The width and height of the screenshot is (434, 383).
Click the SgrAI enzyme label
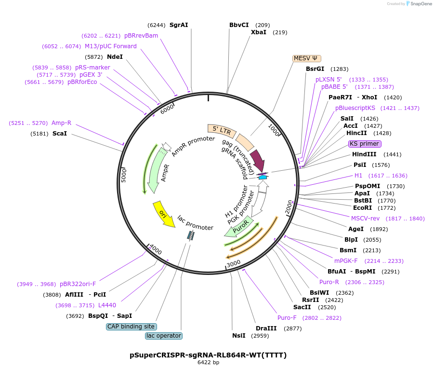click(x=179, y=25)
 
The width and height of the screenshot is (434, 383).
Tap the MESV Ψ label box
click(x=306, y=58)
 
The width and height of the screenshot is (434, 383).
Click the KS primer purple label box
click(x=365, y=144)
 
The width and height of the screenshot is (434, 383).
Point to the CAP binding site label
click(x=131, y=327)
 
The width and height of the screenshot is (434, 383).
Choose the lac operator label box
click(x=164, y=336)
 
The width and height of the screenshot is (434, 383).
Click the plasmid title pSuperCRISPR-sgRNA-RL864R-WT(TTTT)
click(x=208, y=355)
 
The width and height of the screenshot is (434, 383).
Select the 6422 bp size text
click(x=208, y=363)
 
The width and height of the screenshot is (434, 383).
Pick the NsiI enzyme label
click(x=239, y=336)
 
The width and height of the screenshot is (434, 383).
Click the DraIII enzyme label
click(x=265, y=328)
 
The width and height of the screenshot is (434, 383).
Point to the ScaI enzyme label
click(x=60, y=134)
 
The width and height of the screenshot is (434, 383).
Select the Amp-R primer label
click(x=61, y=123)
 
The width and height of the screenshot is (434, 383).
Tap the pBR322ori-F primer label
click(x=78, y=284)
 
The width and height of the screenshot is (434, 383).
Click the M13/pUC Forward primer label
click(x=111, y=46)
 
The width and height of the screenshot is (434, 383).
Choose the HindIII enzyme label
click(x=364, y=154)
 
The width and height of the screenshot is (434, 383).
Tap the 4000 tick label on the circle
click(x=156, y=249)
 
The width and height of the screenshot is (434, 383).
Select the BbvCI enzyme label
click(x=239, y=25)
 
